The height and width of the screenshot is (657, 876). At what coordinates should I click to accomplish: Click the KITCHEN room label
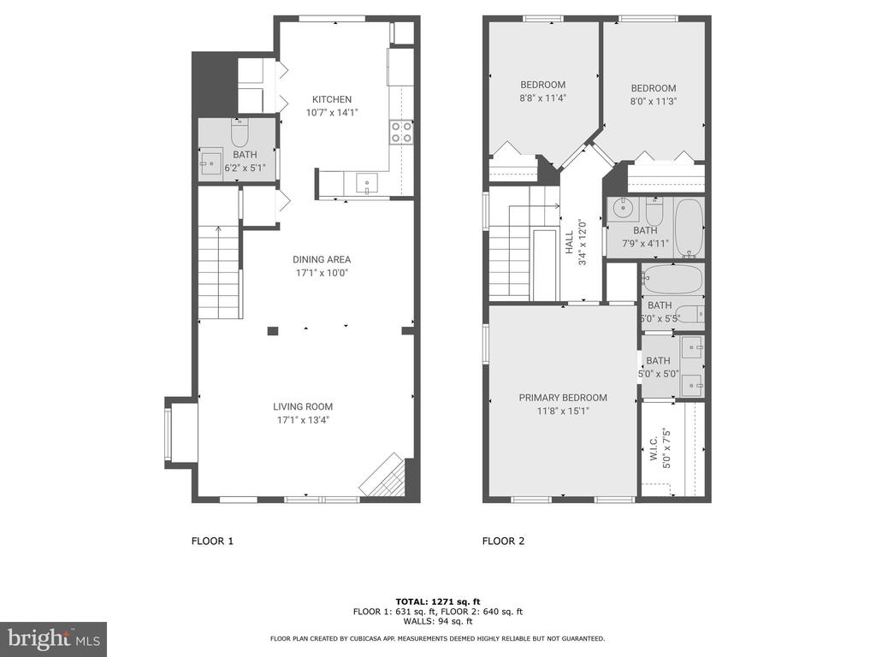tap(332, 99)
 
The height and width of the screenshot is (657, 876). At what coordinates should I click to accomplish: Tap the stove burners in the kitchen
tap(402, 132)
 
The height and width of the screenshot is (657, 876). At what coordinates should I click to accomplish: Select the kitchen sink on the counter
tap(367, 183)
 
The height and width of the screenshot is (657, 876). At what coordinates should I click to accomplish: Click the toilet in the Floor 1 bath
tap(240, 133)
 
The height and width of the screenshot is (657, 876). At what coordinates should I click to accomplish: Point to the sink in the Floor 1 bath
tap(211, 163)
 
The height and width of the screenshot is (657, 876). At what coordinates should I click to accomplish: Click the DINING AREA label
tap(322, 259)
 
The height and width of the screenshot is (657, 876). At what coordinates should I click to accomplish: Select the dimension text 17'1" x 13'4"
tap(303, 420)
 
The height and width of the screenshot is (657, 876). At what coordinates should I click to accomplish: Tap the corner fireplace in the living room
tap(382, 476)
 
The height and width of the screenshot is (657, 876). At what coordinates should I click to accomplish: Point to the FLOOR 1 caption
tap(212, 541)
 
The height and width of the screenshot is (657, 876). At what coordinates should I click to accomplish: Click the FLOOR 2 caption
tap(503, 541)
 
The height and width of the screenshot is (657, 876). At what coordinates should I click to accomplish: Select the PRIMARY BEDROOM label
tap(563, 398)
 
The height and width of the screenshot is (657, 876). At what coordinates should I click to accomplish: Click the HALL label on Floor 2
tap(569, 242)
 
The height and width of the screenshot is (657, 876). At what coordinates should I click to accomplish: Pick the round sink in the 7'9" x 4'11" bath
tap(623, 209)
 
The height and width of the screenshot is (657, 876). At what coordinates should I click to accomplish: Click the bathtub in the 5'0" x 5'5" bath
tap(672, 278)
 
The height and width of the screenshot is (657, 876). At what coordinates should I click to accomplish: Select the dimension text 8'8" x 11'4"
tap(543, 98)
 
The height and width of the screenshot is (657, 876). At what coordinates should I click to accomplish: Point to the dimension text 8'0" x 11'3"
tap(654, 101)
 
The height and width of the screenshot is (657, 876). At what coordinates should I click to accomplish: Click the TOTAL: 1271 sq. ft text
tap(438, 601)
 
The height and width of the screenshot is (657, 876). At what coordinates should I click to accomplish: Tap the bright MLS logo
tap(54, 638)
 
